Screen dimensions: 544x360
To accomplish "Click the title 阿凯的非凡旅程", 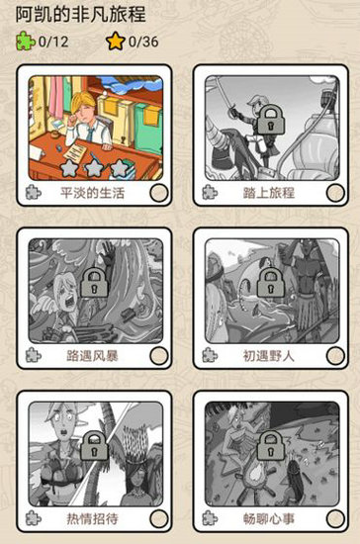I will pos(86,14).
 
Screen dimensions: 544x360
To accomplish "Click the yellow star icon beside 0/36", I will pos(116,42).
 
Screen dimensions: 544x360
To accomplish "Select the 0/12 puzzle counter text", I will pos(54,42).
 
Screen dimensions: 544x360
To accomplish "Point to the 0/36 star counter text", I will pos(144,42).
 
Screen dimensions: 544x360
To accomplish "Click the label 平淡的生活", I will pos(92,193).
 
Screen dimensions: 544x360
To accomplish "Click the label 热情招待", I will pos(92,517).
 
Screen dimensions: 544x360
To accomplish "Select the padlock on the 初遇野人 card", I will pos(269,284).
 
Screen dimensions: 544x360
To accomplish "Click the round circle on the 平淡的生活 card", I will pos(156,193).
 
